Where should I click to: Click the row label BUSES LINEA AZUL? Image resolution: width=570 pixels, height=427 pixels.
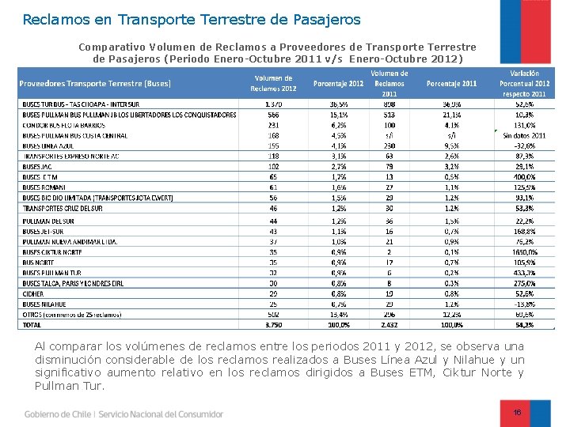48,146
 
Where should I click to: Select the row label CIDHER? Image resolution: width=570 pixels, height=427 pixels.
33,293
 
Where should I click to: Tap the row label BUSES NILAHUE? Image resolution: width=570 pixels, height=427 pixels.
44,304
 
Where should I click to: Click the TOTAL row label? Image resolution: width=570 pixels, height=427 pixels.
32,324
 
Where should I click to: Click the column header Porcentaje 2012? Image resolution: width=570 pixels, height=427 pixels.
339,83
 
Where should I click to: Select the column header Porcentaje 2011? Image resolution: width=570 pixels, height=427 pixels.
451,83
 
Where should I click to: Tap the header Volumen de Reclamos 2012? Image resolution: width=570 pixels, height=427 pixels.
273,83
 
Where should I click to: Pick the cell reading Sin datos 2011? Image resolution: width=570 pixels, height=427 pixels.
525,136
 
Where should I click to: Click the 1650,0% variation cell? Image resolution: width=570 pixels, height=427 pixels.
525,251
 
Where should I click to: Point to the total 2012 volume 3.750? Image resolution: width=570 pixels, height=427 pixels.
274,324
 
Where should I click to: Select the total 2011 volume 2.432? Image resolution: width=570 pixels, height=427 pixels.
389,324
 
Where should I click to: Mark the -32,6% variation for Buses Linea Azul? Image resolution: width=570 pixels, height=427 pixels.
525,146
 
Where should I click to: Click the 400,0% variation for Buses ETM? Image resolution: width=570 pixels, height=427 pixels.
525,178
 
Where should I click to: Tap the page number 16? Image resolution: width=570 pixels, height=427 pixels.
517,413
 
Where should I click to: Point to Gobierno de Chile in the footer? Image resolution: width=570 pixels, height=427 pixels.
57,414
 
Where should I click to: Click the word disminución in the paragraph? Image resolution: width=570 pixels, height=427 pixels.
71,360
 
